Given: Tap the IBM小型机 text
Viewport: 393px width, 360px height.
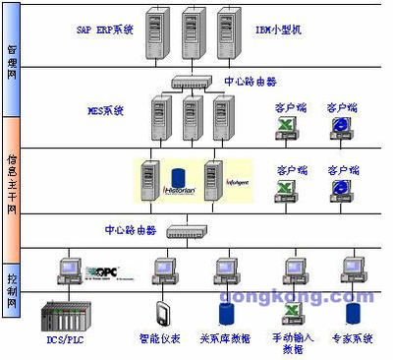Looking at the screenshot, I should click(x=281, y=30).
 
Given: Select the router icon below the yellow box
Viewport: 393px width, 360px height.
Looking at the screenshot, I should click(x=186, y=232).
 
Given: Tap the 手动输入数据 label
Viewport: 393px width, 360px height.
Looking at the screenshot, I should click(x=293, y=343).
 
